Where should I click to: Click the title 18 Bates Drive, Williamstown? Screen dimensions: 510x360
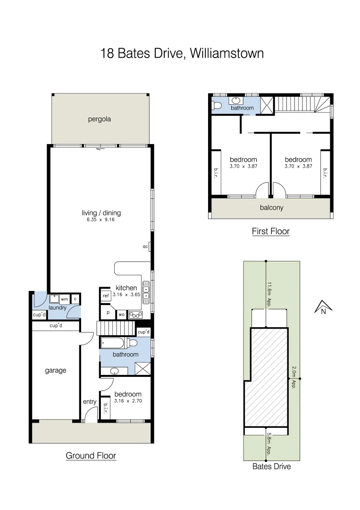182,53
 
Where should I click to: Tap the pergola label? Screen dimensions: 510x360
99,119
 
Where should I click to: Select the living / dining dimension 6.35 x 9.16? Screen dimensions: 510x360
101,220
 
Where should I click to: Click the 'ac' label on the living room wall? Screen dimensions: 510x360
145,246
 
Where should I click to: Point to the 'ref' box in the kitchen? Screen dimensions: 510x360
106,296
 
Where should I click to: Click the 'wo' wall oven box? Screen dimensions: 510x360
121,314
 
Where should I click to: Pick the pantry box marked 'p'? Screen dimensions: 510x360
108,313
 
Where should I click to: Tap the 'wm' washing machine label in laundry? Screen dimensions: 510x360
64,299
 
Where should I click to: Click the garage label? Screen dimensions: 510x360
55,371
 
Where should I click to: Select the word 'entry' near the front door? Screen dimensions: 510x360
90,402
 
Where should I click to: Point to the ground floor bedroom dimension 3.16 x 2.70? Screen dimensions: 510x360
127,401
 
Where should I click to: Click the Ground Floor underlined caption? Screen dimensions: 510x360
91,456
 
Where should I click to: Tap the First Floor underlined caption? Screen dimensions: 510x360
270,231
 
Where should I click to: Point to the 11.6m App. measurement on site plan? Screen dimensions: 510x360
269,295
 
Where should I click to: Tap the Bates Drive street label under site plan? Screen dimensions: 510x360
271,467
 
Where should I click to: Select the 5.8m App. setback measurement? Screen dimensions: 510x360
269,441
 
